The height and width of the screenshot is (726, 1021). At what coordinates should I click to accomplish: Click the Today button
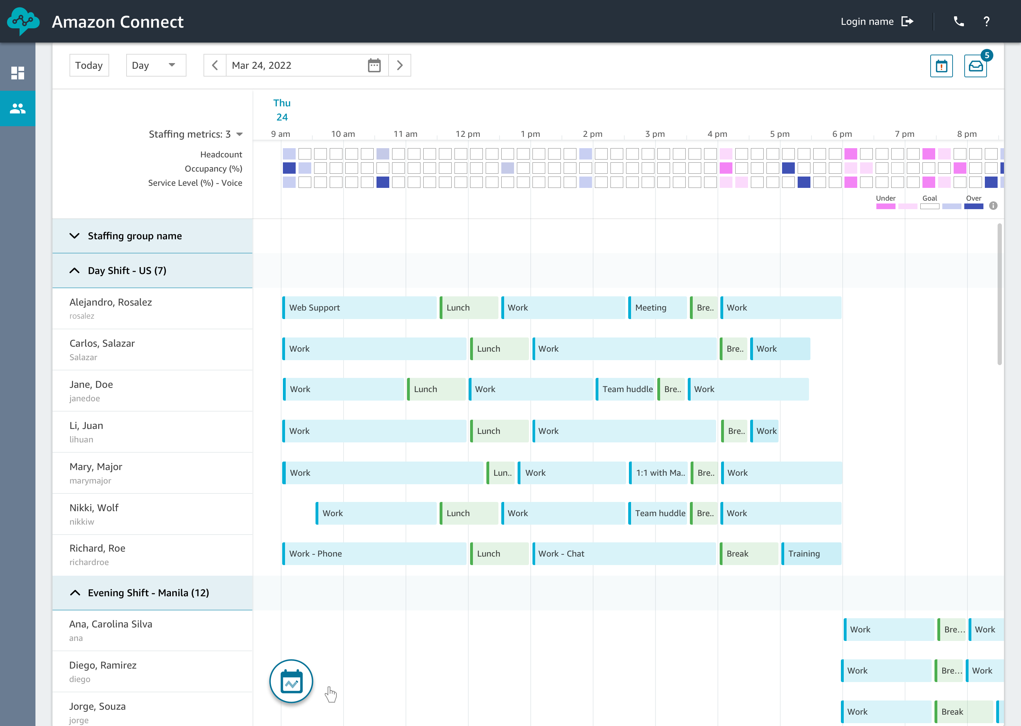89,65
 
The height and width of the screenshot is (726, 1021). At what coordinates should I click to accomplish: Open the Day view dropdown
156,65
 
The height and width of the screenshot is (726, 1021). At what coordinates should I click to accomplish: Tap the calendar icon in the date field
374,65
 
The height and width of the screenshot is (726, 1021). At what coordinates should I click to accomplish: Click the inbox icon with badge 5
975,66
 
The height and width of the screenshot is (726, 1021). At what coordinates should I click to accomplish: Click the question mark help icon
987,22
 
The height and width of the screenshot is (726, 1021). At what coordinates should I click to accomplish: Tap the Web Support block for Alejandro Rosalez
359,308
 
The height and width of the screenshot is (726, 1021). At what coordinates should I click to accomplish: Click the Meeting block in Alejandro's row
657,308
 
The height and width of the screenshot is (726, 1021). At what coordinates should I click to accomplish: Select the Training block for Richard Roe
811,553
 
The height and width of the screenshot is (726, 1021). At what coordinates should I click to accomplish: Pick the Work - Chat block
624,553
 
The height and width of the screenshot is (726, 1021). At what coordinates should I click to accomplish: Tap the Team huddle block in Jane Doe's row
625,389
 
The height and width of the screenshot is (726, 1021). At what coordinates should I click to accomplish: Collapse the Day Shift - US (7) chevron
75,270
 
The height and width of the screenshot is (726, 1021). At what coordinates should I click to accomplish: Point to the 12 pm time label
468,134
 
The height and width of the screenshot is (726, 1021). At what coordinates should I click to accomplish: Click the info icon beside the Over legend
993,206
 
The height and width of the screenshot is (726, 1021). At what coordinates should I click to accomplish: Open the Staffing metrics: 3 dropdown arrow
240,134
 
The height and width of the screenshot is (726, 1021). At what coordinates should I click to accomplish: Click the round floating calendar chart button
291,681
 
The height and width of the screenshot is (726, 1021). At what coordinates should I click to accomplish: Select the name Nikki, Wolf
94,508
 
